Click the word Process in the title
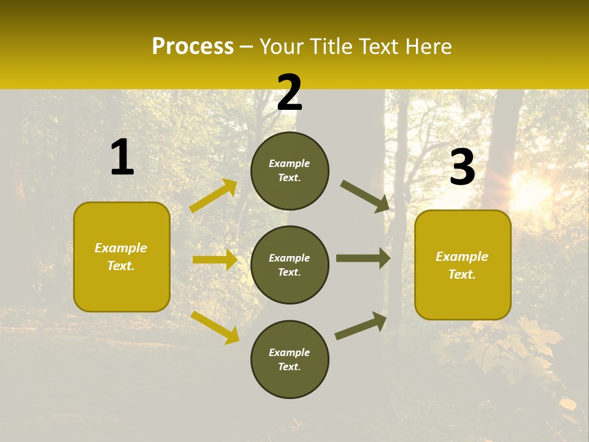pyautogui.click(x=193, y=47)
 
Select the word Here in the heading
pyautogui.click(x=425, y=47)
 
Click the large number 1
pyautogui.click(x=122, y=158)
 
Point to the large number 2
pyautogui.click(x=290, y=93)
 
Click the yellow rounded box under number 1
pyautogui.click(x=121, y=257)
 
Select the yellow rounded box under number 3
pyautogui.click(x=463, y=265)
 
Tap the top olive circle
pyautogui.click(x=290, y=171)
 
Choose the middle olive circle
pyautogui.click(x=290, y=265)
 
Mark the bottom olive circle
pyautogui.click(x=290, y=359)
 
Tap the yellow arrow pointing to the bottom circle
pyautogui.click(x=215, y=327)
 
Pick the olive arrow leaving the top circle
pyautogui.click(x=365, y=196)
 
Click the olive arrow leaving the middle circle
pyautogui.click(x=363, y=258)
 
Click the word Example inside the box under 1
pyautogui.click(x=121, y=248)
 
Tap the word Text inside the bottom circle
pyautogui.click(x=289, y=367)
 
